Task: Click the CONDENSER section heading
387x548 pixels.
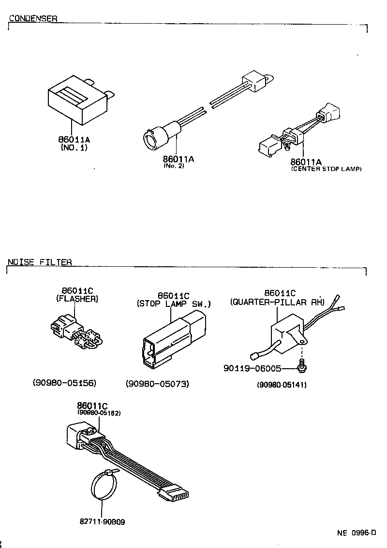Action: pos(33,19)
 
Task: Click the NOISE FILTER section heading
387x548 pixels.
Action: pos(40,262)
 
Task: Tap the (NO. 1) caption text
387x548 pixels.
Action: pos(74,148)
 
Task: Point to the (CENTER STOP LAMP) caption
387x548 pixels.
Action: pos(326,169)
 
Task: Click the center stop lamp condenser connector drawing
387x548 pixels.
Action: pos(295,131)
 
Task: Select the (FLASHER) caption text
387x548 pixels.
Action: pos(77,299)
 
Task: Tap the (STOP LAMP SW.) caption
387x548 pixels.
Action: pos(174,304)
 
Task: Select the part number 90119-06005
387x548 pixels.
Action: pos(252,368)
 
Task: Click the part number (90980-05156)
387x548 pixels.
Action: pos(65,383)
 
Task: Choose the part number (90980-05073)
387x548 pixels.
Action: pos(157,384)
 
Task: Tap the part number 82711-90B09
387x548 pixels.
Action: pos(103,522)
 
